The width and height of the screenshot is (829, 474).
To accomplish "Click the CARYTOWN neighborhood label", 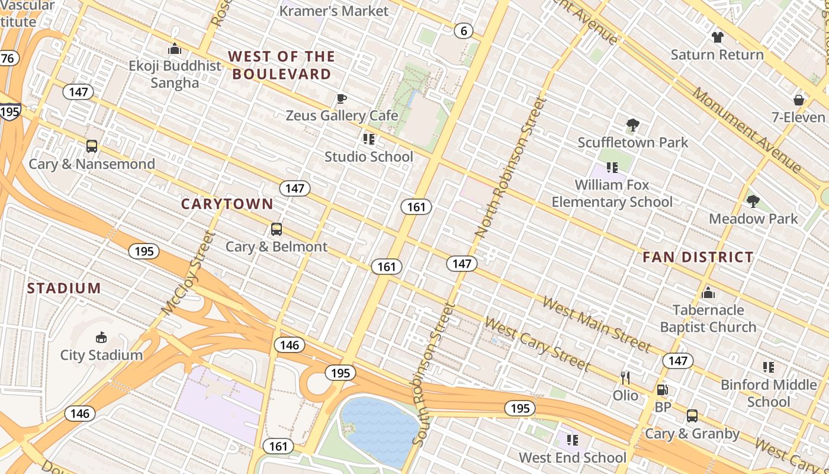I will (227, 204).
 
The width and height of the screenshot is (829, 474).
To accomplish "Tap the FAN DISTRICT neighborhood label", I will (698, 257).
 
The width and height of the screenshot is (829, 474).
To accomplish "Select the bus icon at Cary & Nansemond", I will (92, 146).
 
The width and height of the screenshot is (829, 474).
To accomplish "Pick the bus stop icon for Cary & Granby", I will (692, 416).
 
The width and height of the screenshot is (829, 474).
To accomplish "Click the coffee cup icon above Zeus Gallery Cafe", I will (341, 98).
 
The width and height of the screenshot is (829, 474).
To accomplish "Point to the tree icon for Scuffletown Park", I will (632, 125).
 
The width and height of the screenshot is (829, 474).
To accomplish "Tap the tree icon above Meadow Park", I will (753, 201).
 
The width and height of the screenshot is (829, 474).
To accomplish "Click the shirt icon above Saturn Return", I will (717, 37).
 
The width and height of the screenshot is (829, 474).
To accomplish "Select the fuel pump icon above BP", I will (663, 390).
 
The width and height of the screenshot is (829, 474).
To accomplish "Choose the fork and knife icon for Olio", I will (625, 377).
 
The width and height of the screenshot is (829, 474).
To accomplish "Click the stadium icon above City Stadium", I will (101, 338).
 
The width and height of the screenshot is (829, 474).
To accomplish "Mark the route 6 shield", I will (464, 31).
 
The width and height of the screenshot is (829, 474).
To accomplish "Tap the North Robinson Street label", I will (510, 169).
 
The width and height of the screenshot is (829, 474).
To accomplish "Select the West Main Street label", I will (596, 324).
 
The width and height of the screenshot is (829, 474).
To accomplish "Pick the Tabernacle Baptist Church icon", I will (708, 293).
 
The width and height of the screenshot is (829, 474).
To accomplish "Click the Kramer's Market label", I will (334, 11).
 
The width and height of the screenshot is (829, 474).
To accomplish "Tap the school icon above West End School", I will (572, 440).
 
